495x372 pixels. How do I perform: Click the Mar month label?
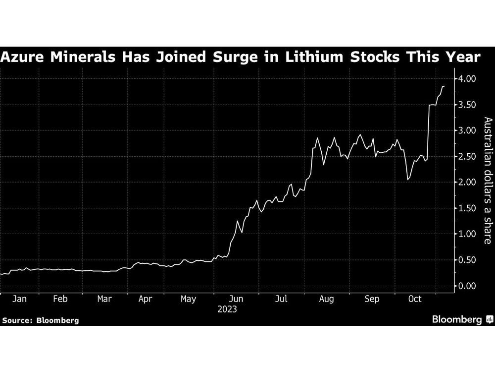coord(104,299)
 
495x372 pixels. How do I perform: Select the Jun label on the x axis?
coord(236,299)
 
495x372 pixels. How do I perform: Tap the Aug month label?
coord(327,299)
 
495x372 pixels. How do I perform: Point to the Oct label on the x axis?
coord(415,299)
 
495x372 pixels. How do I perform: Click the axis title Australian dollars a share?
coord(487,181)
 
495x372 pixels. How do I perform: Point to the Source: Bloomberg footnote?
coord(41,320)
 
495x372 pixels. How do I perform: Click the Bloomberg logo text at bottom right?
coord(457,320)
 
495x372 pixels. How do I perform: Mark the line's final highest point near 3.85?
coord(443,86)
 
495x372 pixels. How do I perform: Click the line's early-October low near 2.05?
coord(407,179)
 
